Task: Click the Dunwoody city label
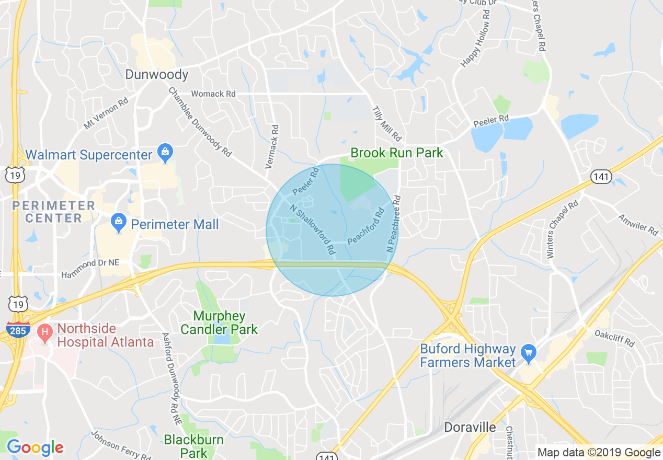pyautogui.click(x=156, y=75)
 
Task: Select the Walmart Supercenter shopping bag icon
pyautogui.click(x=165, y=153)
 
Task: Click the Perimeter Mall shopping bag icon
pyautogui.click(x=119, y=224)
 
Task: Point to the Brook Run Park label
pyautogui.click(x=396, y=153)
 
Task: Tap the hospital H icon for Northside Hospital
pyautogui.click(x=45, y=331)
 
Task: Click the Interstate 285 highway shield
pyautogui.click(x=18, y=330)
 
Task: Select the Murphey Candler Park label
pyautogui.click(x=219, y=323)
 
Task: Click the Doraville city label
pyautogui.click(x=470, y=427)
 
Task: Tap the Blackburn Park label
pyautogui.click(x=194, y=446)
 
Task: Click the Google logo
pyautogui.click(x=35, y=448)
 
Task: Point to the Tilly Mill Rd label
pyautogui.click(x=386, y=123)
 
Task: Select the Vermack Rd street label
pyautogui.click(x=272, y=146)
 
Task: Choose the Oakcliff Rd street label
pyautogui.click(x=615, y=338)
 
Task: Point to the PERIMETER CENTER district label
pyautogui.click(x=53, y=212)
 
